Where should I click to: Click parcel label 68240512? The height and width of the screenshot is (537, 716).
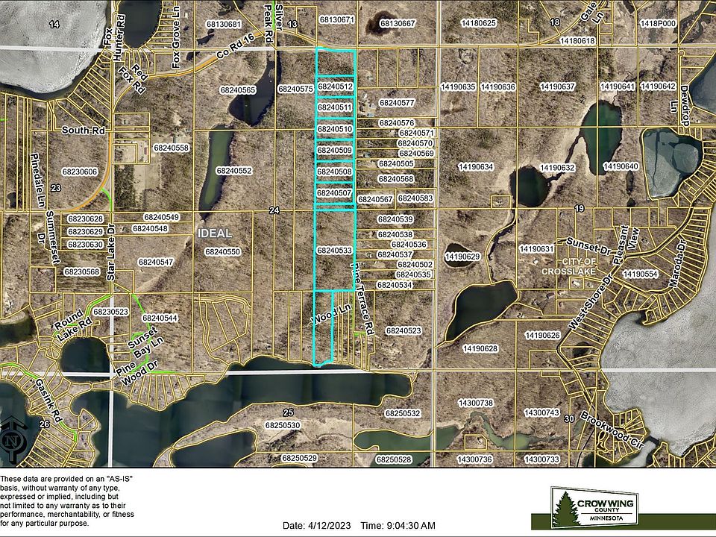[x=335, y=87]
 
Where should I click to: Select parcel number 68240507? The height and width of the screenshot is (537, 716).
[x=335, y=193]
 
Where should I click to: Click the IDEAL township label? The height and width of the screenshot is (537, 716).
[x=214, y=233]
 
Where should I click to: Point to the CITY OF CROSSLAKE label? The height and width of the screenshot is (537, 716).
[x=575, y=266]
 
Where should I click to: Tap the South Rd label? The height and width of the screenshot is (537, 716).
[x=76, y=130]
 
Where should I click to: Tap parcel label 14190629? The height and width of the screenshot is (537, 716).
[x=462, y=257]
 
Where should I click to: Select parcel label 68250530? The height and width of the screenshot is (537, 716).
[x=283, y=424]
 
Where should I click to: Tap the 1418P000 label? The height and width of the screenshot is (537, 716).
[x=657, y=24]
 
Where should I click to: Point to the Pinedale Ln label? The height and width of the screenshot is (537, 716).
[x=34, y=172]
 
